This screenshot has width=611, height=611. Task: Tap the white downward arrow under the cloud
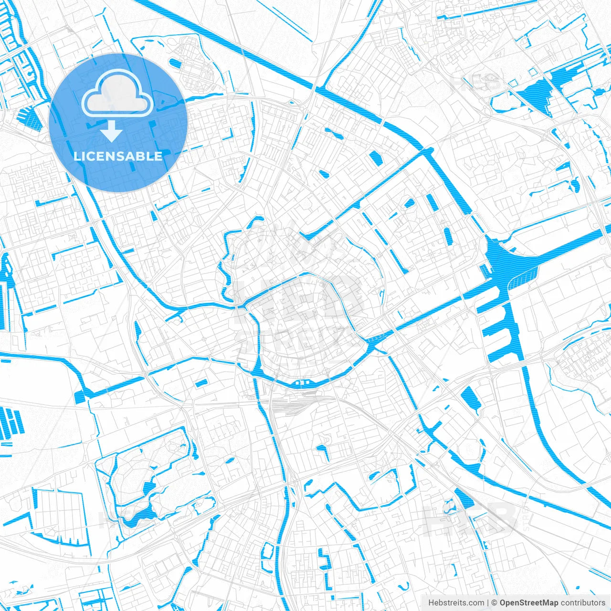click(x=111, y=131)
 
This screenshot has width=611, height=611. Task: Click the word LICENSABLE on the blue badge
click(x=118, y=156)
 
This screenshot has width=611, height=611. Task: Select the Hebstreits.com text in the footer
click(x=456, y=603)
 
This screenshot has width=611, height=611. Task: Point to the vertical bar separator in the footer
click(x=487, y=603)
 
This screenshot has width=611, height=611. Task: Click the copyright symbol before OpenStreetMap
click(x=495, y=603)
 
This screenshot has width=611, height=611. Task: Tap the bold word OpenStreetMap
click(x=528, y=603)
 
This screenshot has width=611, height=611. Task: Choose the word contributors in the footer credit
click(x=583, y=603)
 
